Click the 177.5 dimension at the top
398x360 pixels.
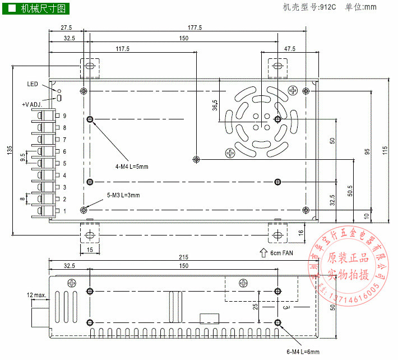click(194, 27)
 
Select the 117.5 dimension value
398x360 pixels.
click(123, 49)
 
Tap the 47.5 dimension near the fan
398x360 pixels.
click(289, 49)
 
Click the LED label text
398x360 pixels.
click(33, 84)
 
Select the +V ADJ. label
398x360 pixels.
click(32, 104)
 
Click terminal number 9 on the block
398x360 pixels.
click(65, 116)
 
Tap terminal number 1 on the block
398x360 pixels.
click(65, 211)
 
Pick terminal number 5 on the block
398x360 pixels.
click(65, 163)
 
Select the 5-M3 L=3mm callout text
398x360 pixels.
click(123, 195)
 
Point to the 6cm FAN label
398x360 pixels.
click(281, 253)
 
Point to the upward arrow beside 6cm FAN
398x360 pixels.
click(263, 252)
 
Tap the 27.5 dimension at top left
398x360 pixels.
click(66, 27)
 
